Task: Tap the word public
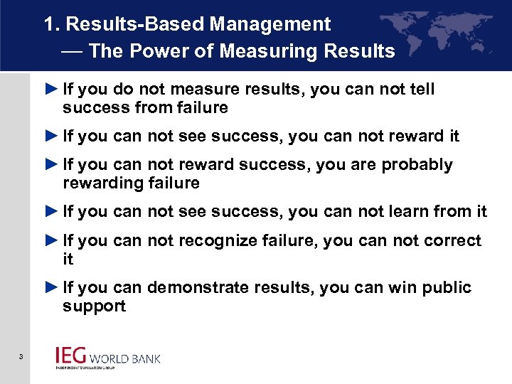click(x=448, y=288)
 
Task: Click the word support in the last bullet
click(x=94, y=306)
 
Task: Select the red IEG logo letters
click(x=72, y=356)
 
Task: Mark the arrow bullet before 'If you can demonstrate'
click(x=50, y=288)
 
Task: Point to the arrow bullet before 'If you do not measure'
click(x=50, y=90)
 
